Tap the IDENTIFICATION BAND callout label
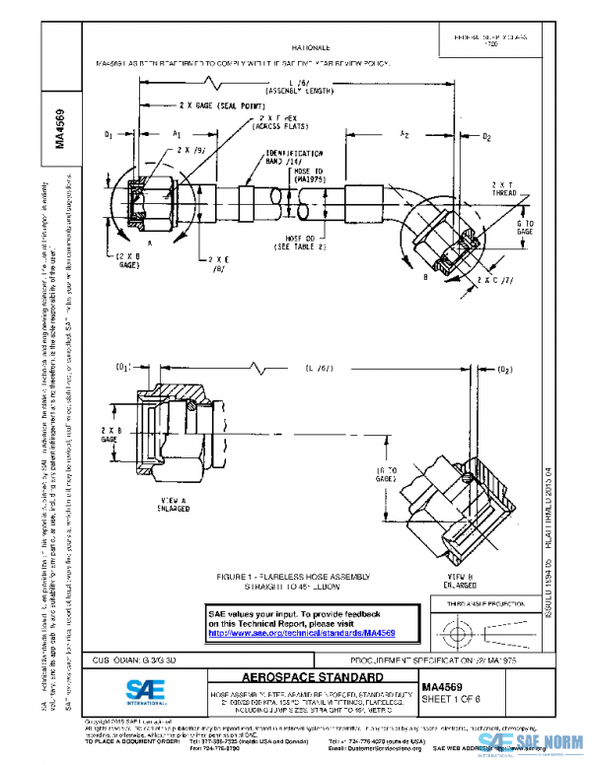coord(295,159)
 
